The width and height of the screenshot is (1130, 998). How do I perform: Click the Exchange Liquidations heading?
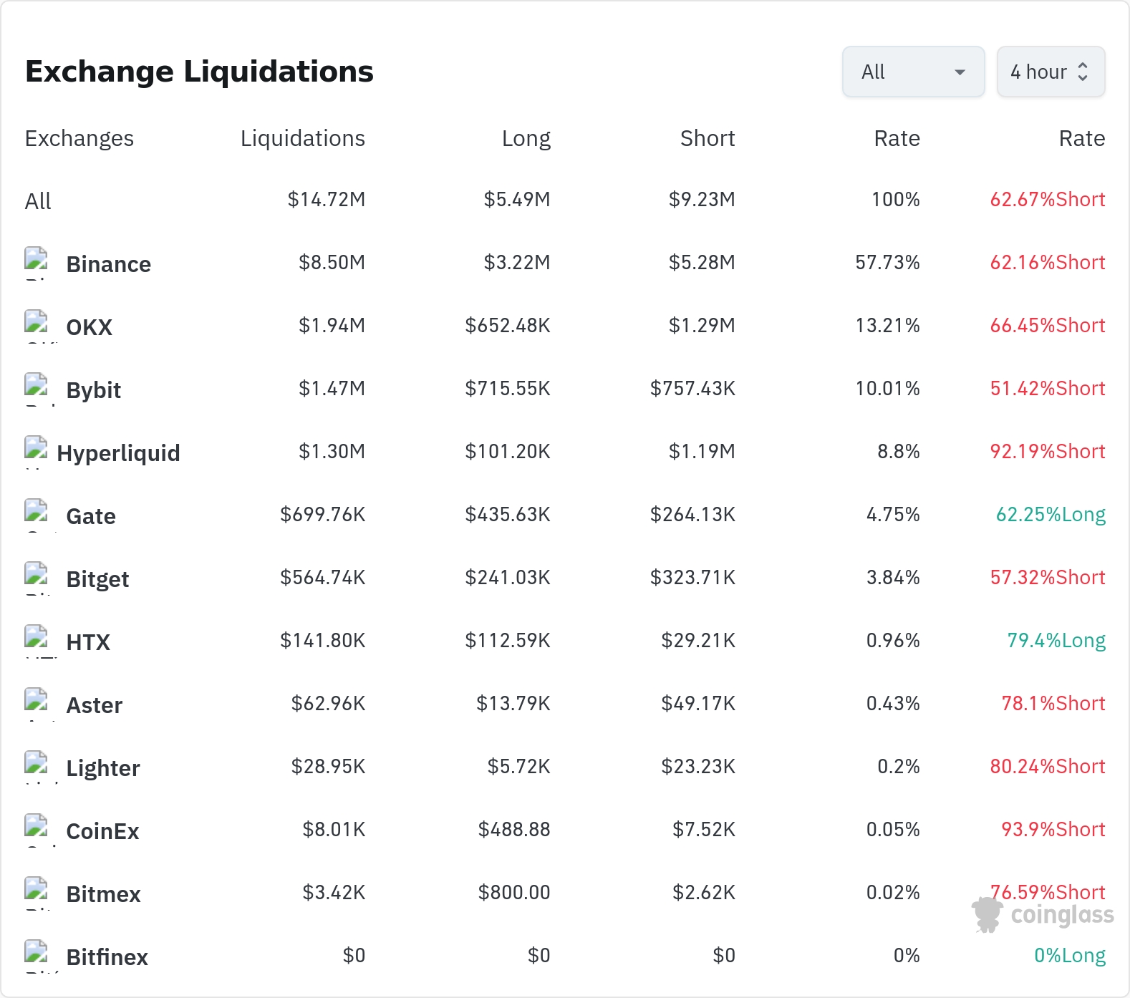pos(199,72)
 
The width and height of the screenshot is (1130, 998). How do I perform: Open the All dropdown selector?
pos(913,72)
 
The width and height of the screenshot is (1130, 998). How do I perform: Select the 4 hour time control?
pos(1051,72)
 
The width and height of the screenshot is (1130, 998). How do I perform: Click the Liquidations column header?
pos(303,138)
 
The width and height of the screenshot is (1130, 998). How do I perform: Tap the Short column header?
pos(708,138)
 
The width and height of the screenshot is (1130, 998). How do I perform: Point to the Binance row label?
pos(109,264)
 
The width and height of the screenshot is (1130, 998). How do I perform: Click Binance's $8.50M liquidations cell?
pos(332,263)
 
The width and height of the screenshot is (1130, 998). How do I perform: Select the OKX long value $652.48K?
pos(508,326)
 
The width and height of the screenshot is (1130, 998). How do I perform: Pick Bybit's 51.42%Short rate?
pos(1048,389)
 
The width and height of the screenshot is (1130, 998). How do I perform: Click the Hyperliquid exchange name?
pos(118,453)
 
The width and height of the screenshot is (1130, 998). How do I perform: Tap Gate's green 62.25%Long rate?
pos(1051,515)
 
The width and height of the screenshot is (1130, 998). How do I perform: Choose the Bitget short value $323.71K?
pos(692,578)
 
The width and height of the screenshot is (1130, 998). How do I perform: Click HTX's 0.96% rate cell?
pos(893,641)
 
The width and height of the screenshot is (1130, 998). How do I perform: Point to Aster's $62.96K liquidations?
pos(328,704)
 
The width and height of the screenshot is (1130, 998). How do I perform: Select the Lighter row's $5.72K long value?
pos(519,767)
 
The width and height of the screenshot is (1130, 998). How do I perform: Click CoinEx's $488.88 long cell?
pos(514,830)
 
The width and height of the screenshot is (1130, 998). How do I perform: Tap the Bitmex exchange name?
pos(104,894)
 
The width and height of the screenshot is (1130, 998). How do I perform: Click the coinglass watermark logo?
pos(1043,914)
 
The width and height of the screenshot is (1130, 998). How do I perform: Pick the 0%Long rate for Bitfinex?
pos(1070,956)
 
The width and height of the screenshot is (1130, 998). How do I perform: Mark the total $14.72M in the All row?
pos(327,200)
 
